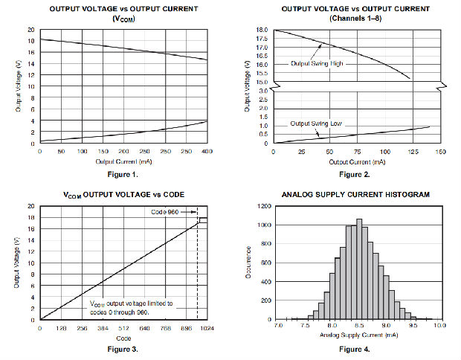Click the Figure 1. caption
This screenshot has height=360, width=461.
(123, 173)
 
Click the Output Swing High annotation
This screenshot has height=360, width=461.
(319, 64)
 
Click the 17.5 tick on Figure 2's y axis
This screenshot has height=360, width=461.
(262, 39)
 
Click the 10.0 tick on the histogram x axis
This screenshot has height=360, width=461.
(439, 326)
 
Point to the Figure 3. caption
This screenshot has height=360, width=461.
(123, 348)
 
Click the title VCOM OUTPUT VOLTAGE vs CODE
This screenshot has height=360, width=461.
(123, 194)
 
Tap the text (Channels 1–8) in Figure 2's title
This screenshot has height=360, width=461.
(358, 19)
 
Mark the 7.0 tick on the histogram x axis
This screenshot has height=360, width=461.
(278, 326)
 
